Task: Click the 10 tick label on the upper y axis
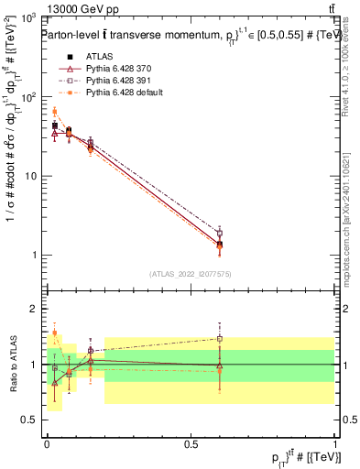point(28,176)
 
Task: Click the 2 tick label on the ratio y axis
point(33,309)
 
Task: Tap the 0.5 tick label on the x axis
point(191,444)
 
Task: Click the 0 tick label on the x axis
point(47,444)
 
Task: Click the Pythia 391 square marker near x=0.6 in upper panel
point(219,233)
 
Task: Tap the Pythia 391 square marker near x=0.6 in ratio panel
point(219,338)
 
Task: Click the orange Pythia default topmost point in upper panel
point(54,112)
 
